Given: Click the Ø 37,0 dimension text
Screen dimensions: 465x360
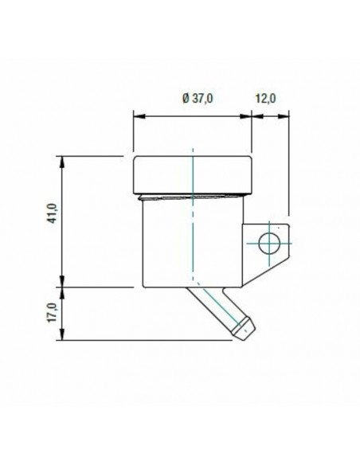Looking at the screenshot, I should tap(198, 98).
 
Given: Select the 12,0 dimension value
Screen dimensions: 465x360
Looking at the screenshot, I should tap(265, 98).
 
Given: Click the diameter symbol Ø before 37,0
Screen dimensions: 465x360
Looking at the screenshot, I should tap(186, 98).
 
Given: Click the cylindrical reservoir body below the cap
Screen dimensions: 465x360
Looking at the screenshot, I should tap(167, 243).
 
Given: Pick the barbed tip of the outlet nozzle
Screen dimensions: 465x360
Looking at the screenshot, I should tap(244, 326).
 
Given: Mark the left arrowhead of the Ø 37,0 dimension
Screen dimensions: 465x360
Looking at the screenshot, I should tap(137, 115).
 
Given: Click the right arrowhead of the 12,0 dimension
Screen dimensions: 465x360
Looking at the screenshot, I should tap(284, 115).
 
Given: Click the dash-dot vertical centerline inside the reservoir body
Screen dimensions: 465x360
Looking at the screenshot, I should tap(193, 239).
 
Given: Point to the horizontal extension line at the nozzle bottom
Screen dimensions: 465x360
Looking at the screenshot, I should tap(143, 339).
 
